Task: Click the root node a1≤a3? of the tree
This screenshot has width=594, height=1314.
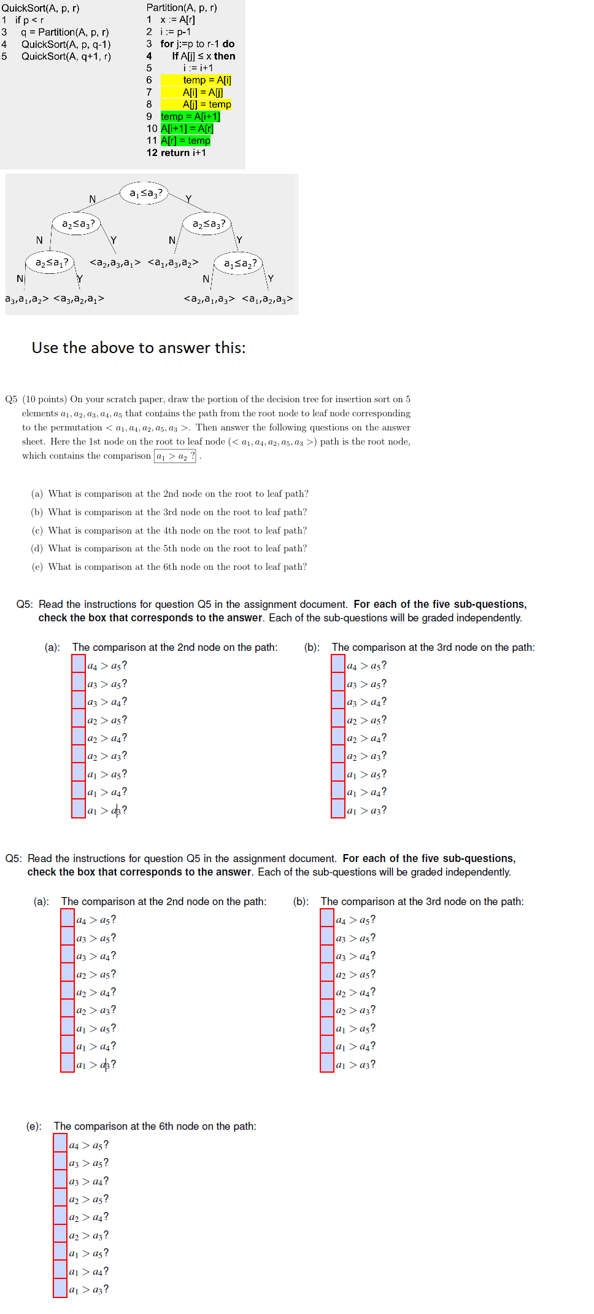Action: coord(145,193)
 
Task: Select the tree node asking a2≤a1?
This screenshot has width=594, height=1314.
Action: coord(52,263)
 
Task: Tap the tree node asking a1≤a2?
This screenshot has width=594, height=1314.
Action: coord(240,263)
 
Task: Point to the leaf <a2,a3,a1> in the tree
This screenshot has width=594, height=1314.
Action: coord(115,263)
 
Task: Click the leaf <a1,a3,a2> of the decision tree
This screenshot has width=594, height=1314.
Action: coord(173,263)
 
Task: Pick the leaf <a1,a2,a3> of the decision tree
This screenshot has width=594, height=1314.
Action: coord(267,299)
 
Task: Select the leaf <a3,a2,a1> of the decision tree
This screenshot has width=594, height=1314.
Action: coord(79,299)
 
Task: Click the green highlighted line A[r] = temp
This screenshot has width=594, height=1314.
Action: coord(185,141)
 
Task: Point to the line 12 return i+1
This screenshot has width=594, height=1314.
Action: coord(176,153)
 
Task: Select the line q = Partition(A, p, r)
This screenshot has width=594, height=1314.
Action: coord(64,32)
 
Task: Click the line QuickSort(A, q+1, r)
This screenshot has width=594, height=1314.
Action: coord(66,56)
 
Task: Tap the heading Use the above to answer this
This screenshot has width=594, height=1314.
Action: coord(139,348)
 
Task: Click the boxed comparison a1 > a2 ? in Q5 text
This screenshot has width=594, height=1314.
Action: coord(175,456)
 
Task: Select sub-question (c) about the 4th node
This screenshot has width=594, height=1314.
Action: coord(169,531)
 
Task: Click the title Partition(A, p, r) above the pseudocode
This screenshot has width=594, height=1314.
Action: coord(182,8)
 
